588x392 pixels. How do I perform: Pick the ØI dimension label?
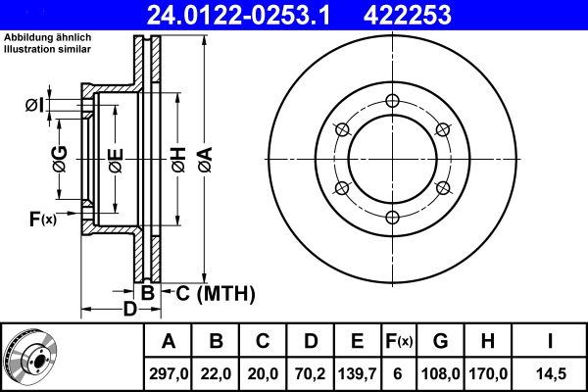pos(35,105)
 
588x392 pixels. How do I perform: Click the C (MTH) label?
pos(215,293)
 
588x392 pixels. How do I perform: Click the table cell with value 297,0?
pos(168,373)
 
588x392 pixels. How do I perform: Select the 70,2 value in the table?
pos(310,373)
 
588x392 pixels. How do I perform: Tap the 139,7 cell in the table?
pos(357,373)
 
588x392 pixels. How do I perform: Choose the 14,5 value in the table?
pos(551,373)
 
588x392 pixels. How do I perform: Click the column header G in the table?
pos(440,341)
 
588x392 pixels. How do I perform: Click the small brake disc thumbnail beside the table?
pos(38,356)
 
